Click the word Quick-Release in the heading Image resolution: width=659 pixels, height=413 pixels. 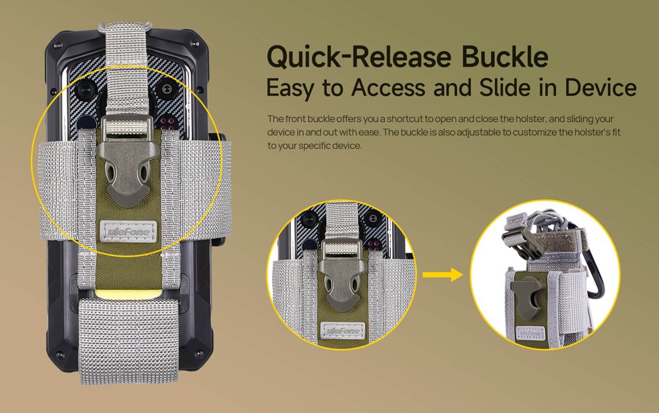(359, 57)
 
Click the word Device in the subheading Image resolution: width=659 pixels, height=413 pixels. (600, 88)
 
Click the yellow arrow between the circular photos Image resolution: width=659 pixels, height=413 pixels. (443, 274)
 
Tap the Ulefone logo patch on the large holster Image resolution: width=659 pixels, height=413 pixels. (129, 232)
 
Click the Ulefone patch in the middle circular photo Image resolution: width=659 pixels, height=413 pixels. (343, 331)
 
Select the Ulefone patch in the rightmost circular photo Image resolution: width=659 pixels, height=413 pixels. (530, 333)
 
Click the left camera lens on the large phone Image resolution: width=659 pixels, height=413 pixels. (87, 89)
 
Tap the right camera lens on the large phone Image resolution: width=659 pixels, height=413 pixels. (167, 89)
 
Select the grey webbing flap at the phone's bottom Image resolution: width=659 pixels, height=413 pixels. (129, 341)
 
